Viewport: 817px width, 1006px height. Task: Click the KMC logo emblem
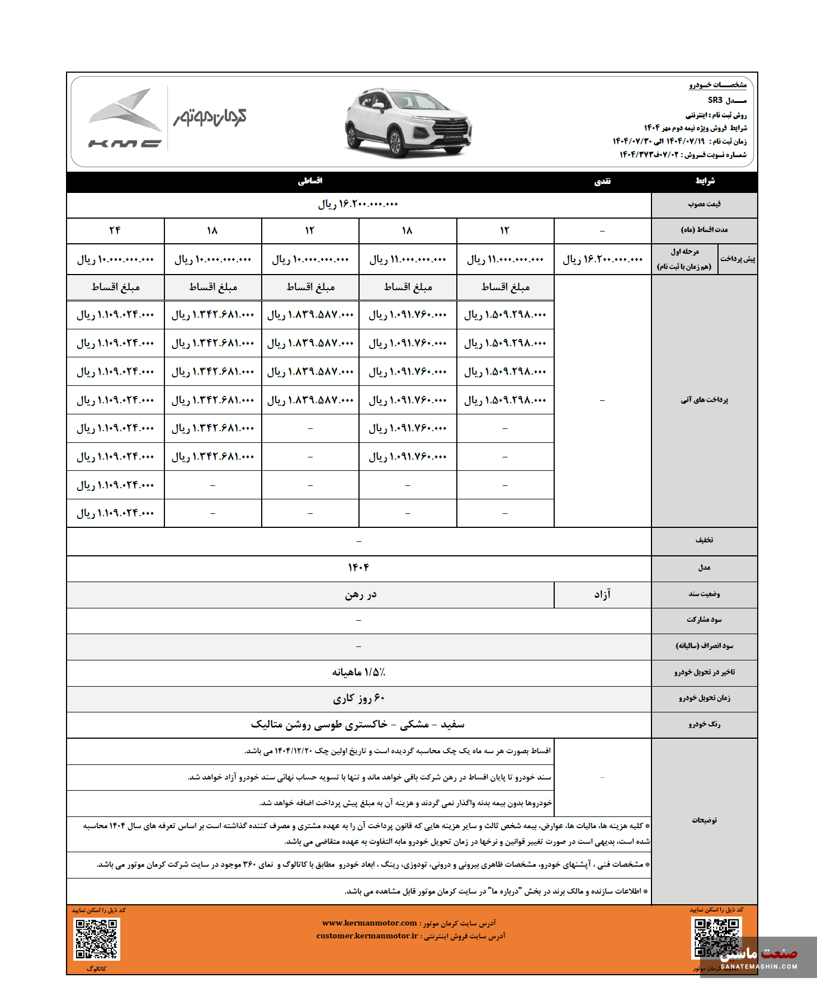pos(125,118)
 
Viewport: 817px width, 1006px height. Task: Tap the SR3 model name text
pos(715,100)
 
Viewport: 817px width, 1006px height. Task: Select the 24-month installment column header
pos(115,230)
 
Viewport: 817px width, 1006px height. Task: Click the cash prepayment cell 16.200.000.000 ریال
pos(602,259)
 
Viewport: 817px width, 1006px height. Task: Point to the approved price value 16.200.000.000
pos(358,205)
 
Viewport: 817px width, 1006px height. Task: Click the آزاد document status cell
pos(602,594)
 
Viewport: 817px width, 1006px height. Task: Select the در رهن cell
pos(361,594)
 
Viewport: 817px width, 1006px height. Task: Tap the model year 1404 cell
pos(358,568)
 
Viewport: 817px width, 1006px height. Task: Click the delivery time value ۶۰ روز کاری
pos(358,698)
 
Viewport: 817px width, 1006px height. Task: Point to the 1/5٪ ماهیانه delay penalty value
pos(358,672)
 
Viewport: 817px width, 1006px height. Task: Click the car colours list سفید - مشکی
pos(358,725)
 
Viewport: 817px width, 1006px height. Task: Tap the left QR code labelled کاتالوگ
pos(97,939)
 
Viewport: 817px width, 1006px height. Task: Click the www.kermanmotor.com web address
pos(370,923)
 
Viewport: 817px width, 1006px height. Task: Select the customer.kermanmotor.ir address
pos(367,936)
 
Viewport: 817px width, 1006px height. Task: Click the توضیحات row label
pos(704,820)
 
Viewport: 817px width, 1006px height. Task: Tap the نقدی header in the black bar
pos(602,182)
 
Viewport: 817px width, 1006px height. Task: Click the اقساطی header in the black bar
pos(310,181)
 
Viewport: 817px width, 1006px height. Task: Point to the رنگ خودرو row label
pos(704,725)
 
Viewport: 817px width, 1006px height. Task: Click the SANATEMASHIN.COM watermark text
pos(759,966)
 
